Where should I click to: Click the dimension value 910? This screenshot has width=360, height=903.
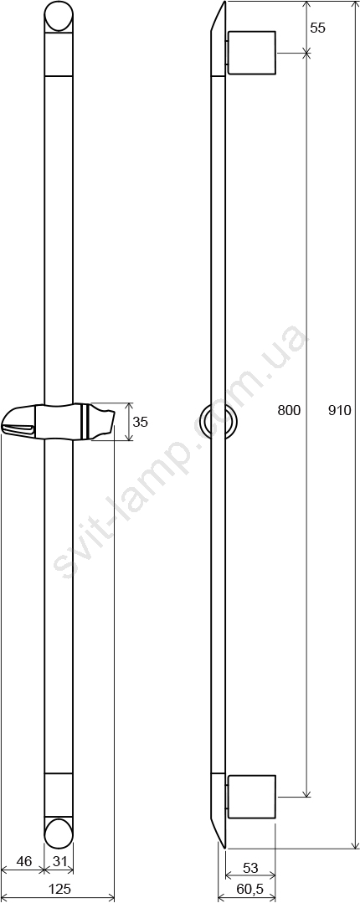coord(339,411)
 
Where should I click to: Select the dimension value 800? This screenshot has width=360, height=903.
coord(289,411)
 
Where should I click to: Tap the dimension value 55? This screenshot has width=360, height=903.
coord(317,28)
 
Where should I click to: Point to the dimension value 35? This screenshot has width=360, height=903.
coord(140,422)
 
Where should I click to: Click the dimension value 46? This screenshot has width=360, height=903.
coord(23,862)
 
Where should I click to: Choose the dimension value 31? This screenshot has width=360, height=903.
coord(59,862)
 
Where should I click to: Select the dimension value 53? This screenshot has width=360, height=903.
coord(250,868)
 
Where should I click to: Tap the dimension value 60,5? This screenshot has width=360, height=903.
coord(249,889)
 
